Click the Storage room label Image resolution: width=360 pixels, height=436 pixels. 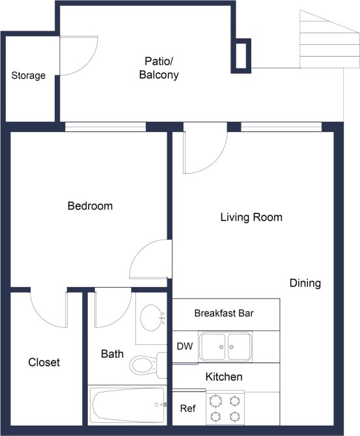coord(29,75)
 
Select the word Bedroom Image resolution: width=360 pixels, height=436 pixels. coord(90,206)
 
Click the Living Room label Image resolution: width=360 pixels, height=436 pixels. coord(251,217)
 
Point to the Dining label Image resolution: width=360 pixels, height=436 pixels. coord(305,283)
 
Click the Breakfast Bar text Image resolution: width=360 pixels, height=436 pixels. coord(224,314)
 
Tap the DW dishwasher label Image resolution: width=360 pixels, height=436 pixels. coord(184,346)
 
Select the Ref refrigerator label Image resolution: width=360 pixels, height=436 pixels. coord(187,409)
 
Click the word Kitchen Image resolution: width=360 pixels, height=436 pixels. coord(224,377)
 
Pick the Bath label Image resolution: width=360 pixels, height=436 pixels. coord(112,355)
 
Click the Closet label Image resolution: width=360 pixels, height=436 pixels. coord(44,362)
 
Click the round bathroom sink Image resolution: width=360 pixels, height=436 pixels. coord(153,318)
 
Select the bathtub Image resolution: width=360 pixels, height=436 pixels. coord(128,404)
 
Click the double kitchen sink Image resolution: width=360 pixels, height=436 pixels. coord(225,346)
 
